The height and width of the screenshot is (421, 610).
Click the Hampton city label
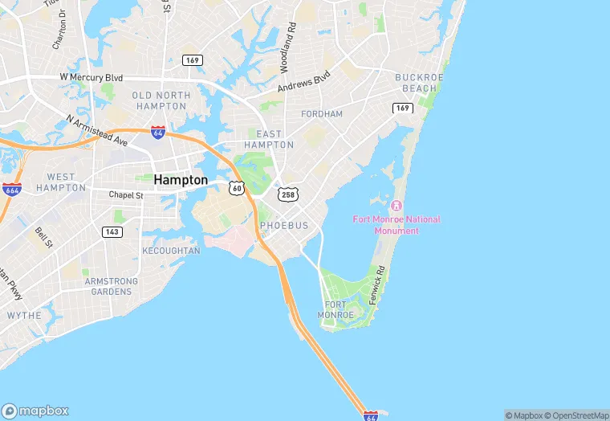181,180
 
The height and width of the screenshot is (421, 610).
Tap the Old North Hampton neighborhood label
161,100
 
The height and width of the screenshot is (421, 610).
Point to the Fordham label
322,114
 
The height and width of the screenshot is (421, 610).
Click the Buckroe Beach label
416,83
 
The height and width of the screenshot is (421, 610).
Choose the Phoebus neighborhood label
284,226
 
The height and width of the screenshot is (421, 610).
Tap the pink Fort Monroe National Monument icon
396,206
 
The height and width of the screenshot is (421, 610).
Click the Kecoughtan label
171,251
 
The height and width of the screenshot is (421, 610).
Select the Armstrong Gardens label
112,286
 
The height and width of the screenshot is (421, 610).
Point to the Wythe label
24,316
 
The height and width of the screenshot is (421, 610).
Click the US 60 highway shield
236,187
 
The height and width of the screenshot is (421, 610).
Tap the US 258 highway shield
287,194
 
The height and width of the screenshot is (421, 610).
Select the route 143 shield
112,231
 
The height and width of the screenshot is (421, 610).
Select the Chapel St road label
126,194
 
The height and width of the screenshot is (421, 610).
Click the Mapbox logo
35,410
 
